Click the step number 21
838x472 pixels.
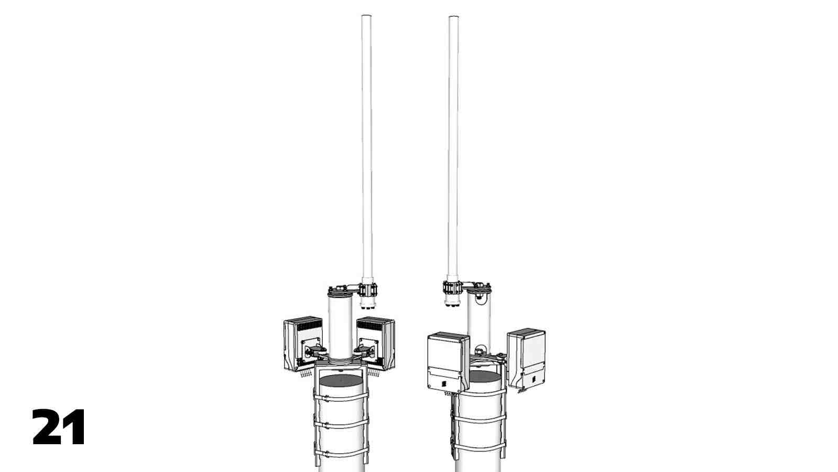click(x=59, y=427)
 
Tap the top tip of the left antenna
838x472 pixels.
click(x=366, y=15)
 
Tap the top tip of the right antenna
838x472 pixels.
click(x=454, y=16)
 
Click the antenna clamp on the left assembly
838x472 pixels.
click(x=368, y=289)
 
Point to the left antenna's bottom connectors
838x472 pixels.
click(x=367, y=306)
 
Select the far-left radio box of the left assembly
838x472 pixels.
click(x=303, y=344)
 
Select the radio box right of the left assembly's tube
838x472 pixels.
click(x=376, y=343)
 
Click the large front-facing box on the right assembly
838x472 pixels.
click(x=448, y=362)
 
